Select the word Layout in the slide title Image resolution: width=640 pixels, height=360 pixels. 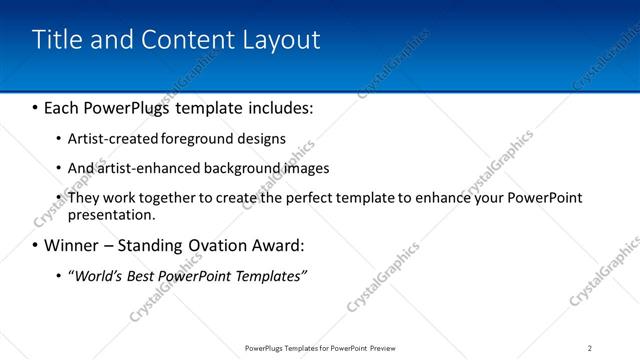[x=282, y=40]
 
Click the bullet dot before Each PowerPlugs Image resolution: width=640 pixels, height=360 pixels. [x=36, y=106]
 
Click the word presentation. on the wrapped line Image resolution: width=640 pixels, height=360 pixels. [x=111, y=214]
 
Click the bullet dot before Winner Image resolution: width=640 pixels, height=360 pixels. [x=36, y=245]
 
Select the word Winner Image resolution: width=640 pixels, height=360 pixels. [x=73, y=245]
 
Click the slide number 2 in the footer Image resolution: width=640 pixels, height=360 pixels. [x=590, y=348]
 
